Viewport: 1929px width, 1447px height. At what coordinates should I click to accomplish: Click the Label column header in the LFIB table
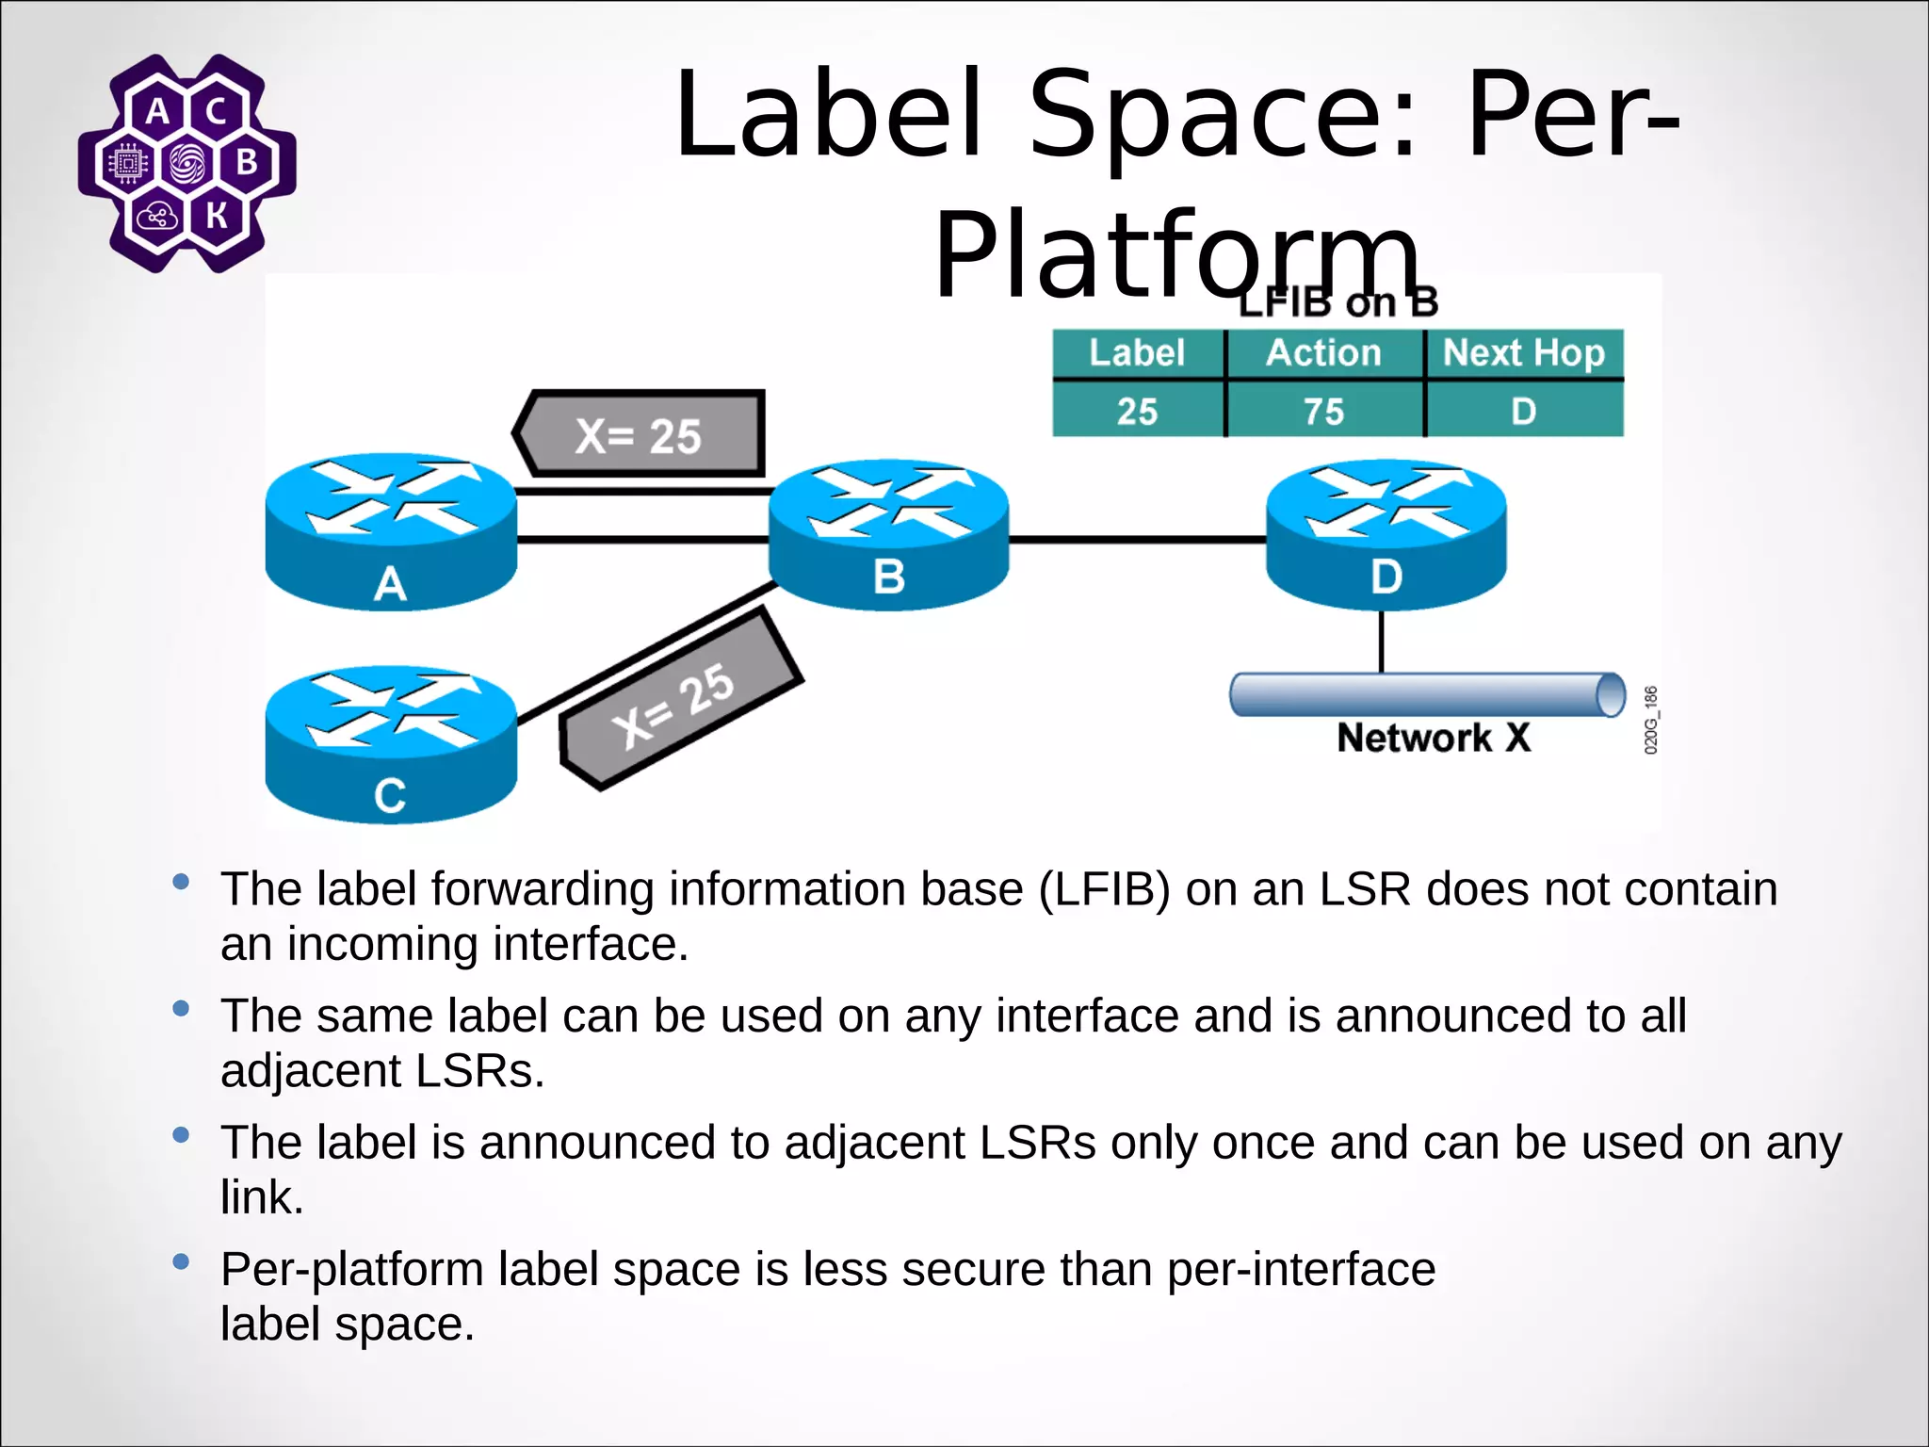1137,353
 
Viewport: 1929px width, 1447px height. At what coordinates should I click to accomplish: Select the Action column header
1323,353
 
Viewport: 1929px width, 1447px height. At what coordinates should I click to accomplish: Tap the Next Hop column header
1523,353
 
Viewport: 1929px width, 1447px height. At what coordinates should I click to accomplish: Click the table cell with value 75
1323,412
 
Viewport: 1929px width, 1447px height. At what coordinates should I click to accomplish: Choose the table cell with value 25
1137,412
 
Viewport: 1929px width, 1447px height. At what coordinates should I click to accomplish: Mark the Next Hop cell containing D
1523,412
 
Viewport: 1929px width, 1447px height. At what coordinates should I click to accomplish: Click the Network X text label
1433,738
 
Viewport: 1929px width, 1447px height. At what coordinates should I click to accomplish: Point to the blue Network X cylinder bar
1422,695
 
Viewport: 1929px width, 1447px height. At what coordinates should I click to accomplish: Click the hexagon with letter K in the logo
218,217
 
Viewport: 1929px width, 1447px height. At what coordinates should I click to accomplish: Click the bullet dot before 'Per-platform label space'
182,1261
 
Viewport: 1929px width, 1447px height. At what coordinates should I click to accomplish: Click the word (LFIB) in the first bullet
1104,890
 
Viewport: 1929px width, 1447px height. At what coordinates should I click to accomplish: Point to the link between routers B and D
1137,540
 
